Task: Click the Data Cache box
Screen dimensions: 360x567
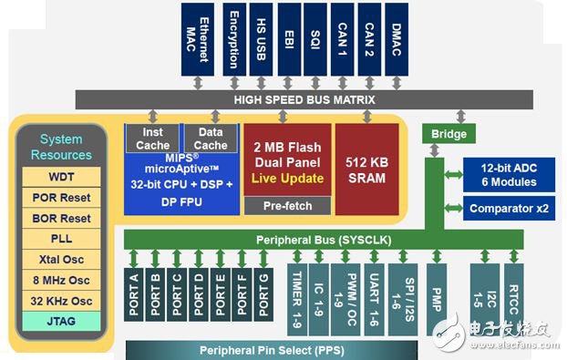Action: (x=210, y=139)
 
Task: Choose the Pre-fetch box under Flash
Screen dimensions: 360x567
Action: (x=287, y=205)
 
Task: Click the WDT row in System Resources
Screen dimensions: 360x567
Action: (x=62, y=177)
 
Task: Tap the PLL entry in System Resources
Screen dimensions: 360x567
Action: (x=62, y=240)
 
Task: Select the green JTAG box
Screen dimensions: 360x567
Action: (x=62, y=320)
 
